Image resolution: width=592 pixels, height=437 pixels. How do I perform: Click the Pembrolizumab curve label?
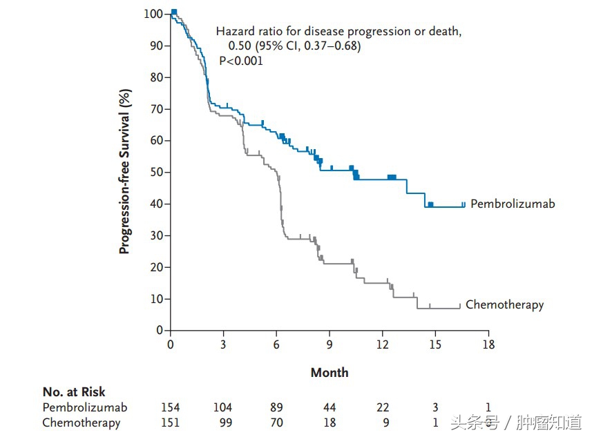pyautogui.click(x=513, y=204)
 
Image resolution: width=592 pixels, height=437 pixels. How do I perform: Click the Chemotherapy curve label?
pyautogui.click(x=504, y=304)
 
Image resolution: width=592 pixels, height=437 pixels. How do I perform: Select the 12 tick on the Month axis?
pyautogui.click(x=382, y=344)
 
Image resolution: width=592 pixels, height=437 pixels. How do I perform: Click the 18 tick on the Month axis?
pyautogui.click(x=488, y=344)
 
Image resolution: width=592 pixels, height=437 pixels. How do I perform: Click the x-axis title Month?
pyautogui.click(x=330, y=373)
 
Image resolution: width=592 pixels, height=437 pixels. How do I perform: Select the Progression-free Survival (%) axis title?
pyautogui.click(x=124, y=172)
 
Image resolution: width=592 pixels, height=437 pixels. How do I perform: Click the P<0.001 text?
pyautogui.click(x=241, y=61)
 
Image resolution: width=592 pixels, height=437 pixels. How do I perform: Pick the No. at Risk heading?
pyautogui.click(x=74, y=392)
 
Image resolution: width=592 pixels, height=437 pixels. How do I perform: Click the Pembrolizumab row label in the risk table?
pyautogui.click(x=85, y=407)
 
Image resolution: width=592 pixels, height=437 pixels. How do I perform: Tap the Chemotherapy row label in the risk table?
pyautogui.click(x=82, y=423)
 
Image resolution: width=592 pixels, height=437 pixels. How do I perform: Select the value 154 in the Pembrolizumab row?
pyautogui.click(x=170, y=407)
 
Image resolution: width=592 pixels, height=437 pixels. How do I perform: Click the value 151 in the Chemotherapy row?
pyautogui.click(x=170, y=423)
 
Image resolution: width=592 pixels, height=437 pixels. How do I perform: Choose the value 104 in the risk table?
pyautogui.click(x=222, y=407)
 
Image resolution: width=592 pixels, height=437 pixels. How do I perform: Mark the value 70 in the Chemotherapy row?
pyautogui.click(x=276, y=423)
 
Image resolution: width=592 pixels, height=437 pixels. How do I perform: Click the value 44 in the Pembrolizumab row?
pyautogui.click(x=330, y=407)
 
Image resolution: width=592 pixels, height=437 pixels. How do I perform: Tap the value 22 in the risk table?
pyautogui.click(x=382, y=407)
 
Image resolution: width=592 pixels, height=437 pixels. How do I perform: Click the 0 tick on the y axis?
pyautogui.click(x=160, y=330)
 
